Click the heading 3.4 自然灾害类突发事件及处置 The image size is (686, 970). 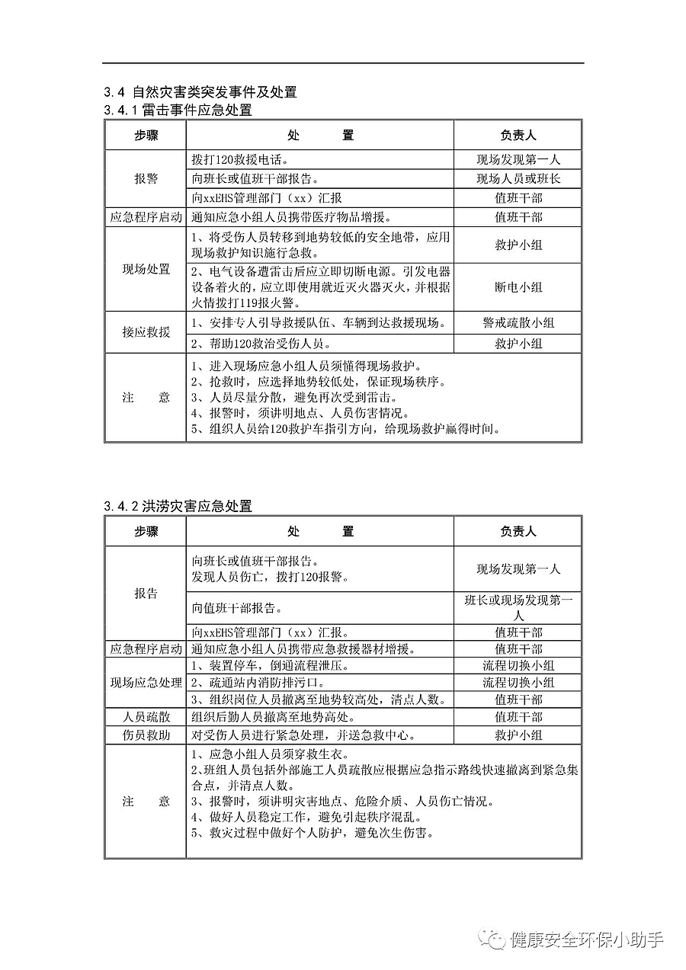200,92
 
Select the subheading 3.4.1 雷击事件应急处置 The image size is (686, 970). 178,110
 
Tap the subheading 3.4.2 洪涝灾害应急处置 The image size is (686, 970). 178,506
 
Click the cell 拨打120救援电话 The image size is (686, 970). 240,160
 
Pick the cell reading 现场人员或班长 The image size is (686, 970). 518,179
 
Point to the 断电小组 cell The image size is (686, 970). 518,287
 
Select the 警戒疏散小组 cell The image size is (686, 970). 518,323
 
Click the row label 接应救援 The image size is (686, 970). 146,333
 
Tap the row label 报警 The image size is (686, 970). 146,179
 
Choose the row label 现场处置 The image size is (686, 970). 146,270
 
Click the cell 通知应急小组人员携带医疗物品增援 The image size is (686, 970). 303,217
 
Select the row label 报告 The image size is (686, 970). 146,594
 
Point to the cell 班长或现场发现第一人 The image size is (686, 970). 518,607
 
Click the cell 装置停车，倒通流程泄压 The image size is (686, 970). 271,666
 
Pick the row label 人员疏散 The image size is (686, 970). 146,717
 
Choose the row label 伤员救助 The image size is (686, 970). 146,735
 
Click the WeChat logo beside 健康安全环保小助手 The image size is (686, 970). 492,939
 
